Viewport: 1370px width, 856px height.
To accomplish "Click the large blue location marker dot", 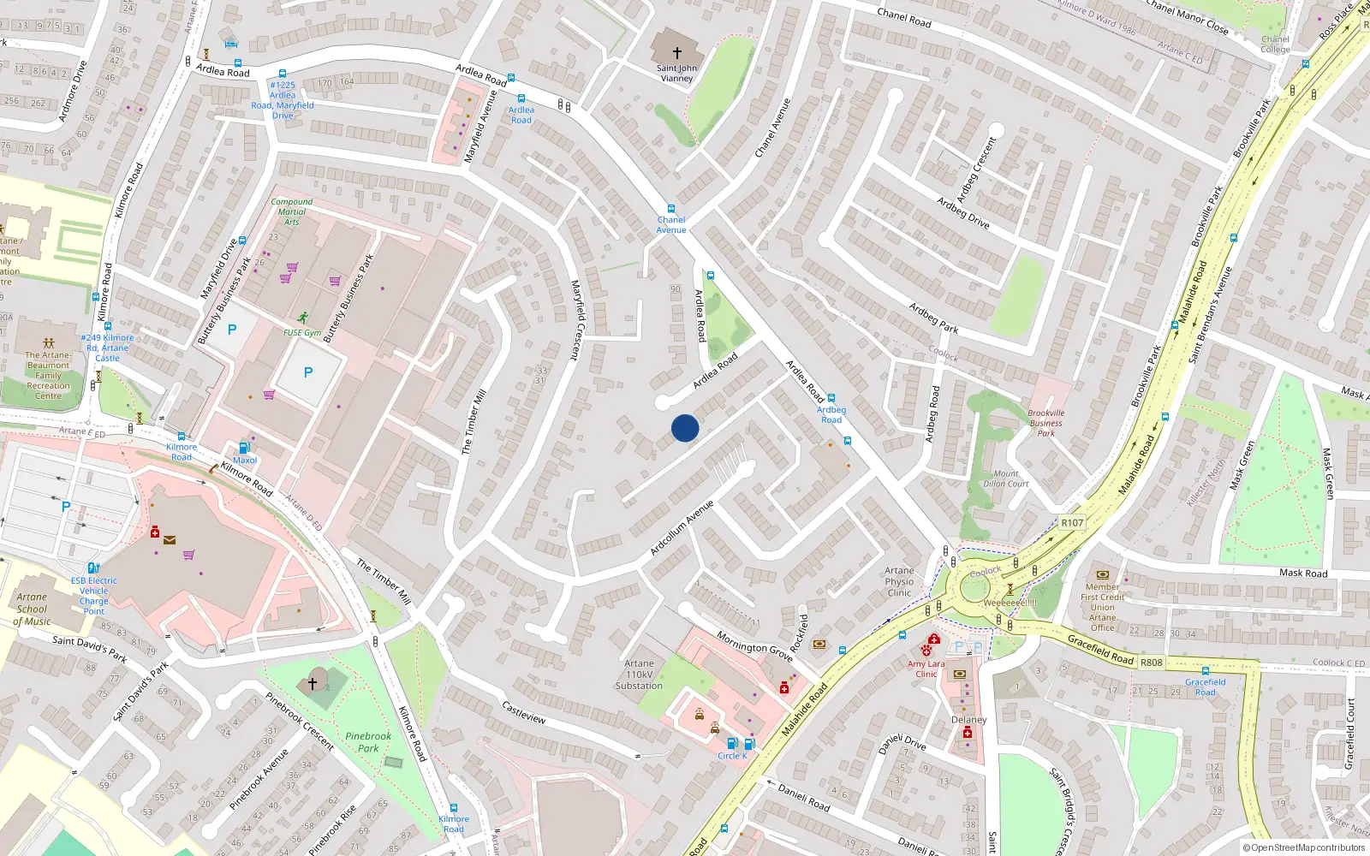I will click(685, 428).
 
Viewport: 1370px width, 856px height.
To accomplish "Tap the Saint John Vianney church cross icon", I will click(677, 53).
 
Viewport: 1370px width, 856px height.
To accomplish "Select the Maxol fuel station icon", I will click(244, 448).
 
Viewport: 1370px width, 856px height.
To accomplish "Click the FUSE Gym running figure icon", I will click(302, 318).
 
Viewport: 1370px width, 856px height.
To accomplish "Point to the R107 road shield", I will click(1072, 522).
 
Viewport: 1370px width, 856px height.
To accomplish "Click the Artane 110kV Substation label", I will click(639, 675).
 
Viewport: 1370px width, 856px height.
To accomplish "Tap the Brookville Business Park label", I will click(1046, 423).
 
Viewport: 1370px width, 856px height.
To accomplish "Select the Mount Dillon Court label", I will click(1006, 479).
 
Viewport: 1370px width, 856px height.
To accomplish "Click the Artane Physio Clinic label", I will click(899, 581).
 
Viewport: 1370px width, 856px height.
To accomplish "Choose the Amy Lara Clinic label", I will click(926, 669).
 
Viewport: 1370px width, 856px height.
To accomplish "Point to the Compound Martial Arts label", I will click(291, 211).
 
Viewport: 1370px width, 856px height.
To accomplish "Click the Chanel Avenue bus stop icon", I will click(671, 209).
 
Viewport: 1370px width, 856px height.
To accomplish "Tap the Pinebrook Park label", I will click(368, 741).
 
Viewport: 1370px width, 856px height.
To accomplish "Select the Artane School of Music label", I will click(33, 609).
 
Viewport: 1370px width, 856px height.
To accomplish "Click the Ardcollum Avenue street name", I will click(682, 528).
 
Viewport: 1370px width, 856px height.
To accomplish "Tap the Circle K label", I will click(732, 756).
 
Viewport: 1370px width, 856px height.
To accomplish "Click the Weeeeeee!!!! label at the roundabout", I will click(1010, 603).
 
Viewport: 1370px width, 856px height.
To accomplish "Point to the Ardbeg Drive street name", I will click(963, 212).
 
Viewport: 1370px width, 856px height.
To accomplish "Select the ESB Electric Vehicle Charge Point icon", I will click(93, 568).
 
